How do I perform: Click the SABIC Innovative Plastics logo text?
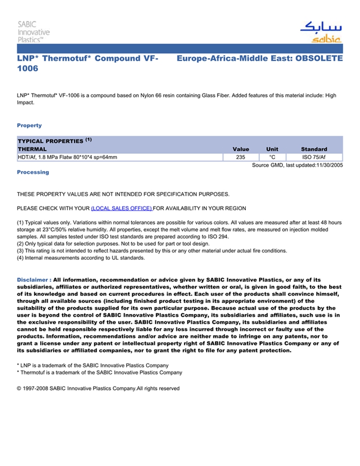[33, 31]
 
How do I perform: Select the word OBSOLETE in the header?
[318, 59]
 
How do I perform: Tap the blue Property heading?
[29, 126]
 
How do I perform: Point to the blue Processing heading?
[33, 172]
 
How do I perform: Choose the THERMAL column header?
[32, 149]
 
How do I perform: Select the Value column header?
[241, 149]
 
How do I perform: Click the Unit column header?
[272, 149]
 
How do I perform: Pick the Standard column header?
[314, 149]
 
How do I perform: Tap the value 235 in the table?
[240, 157]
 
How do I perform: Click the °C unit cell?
[272, 157]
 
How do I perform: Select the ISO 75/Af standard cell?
[314, 157]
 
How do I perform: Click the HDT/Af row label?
[67, 157]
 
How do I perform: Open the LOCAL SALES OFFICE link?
[121, 208]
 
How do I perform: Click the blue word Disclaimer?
[33, 280]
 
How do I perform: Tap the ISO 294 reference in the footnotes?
[218, 237]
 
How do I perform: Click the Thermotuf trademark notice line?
[99, 372]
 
